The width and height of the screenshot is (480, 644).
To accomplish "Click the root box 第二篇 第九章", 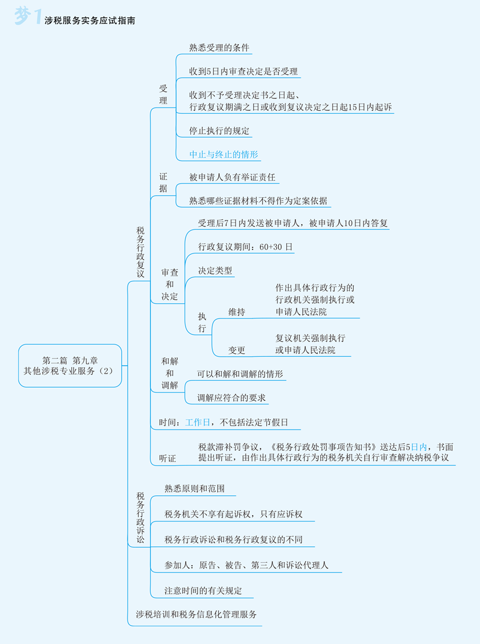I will (70, 365).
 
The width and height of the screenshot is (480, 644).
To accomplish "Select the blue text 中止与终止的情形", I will (224, 155).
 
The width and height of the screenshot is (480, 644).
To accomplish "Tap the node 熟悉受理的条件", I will (219, 48).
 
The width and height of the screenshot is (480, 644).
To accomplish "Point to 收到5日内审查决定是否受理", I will (244, 72).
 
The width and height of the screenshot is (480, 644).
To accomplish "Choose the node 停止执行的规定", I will (219, 131).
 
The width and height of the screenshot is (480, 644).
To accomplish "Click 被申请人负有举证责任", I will (232, 178).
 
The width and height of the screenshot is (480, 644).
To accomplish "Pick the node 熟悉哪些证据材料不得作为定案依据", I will (258, 201).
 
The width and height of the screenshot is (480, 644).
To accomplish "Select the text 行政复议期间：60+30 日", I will (245, 247).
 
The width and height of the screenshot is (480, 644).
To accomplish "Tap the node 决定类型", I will (215, 271).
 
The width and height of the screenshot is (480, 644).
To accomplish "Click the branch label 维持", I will (237, 312).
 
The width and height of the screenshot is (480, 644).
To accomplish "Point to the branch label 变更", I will (237, 350).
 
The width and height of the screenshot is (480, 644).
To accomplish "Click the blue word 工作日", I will (198, 423).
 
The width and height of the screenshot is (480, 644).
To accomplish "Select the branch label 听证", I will (167, 459).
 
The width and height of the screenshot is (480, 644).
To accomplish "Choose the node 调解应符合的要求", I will (231, 398).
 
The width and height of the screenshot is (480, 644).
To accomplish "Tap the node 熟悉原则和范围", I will (194, 489).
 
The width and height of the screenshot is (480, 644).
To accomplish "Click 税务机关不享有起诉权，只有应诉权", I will (233, 514).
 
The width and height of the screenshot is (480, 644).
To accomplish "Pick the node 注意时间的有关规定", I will (203, 591).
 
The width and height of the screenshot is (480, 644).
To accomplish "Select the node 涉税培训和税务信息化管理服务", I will (196, 615).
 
